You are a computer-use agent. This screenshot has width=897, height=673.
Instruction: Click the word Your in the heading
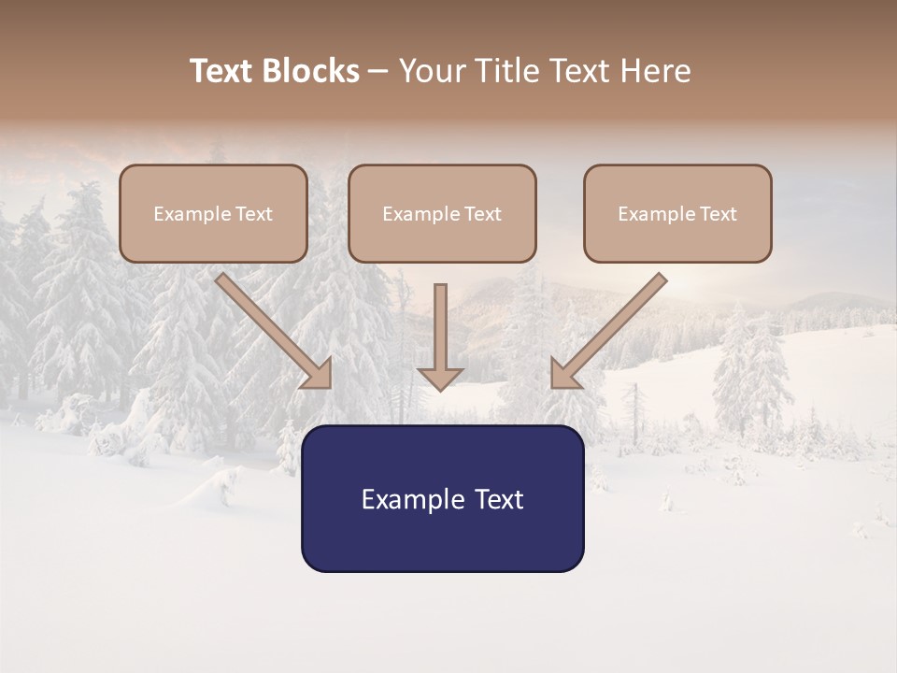click(431, 71)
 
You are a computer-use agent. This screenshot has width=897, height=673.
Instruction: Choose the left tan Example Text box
click(213, 213)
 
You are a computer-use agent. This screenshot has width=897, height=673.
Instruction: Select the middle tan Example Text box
click(442, 213)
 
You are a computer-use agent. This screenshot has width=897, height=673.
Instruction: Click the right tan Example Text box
click(677, 213)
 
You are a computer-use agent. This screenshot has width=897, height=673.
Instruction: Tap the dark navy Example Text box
click(442, 498)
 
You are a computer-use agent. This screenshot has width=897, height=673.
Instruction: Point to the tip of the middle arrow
click(440, 389)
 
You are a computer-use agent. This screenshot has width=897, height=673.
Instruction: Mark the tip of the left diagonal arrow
click(330, 386)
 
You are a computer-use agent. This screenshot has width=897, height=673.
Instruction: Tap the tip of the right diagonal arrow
click(552, 386)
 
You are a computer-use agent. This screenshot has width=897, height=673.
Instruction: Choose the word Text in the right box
click(718, 214)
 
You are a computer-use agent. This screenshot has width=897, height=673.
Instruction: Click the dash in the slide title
click(378, 72)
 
